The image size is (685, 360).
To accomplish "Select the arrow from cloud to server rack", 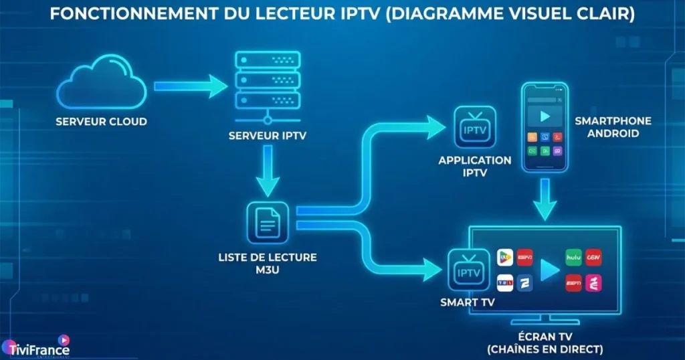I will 191,86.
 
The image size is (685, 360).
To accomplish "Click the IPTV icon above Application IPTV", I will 474,126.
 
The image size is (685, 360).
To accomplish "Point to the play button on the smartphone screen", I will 544,116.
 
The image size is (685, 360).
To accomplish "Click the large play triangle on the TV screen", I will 549,269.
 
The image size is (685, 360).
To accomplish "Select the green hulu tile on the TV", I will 573,257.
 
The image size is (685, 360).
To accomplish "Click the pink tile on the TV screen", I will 593,282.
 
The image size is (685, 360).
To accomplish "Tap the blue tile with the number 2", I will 524,282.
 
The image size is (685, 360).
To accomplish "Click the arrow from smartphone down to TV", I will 545,201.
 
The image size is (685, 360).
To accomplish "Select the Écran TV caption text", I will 545,343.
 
